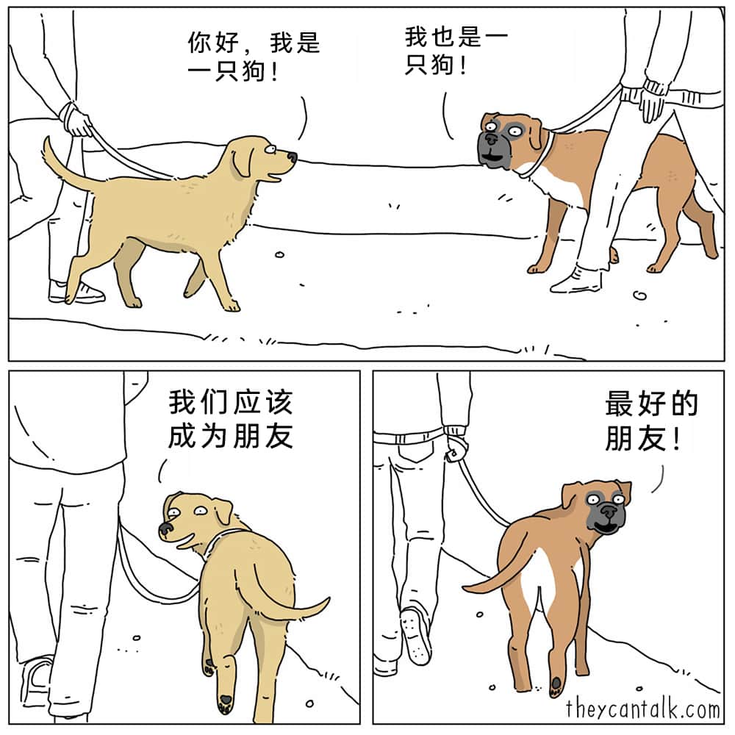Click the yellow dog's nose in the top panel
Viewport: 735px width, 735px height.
tap(292, 157)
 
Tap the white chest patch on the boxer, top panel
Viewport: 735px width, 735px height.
tap(558, 184)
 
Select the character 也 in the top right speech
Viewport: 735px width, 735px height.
tap(443, 37)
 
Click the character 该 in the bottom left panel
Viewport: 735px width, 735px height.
tap(280, 402)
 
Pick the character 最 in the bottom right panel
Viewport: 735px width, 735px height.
tap(619, 404)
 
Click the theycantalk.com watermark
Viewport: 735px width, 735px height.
tap(642, 709)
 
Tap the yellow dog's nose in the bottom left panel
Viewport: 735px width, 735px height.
tap(165, 529)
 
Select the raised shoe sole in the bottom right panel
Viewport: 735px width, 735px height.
tap(416, 635)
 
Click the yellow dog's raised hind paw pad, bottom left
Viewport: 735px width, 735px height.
tap(226, 701)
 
